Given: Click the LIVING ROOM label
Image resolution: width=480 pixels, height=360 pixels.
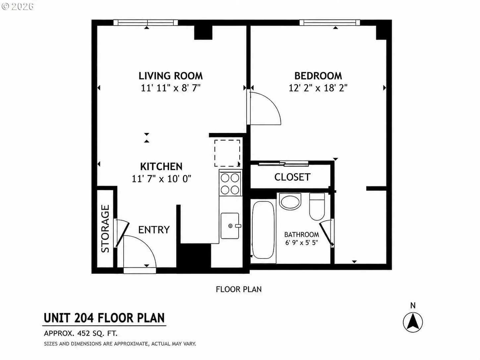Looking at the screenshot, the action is pyautogui.click(x=171, y=76).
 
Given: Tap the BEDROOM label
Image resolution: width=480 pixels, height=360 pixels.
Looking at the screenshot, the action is pyautogui.click(x=318, y=76).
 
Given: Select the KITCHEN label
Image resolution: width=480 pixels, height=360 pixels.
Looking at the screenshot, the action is pyautogui.click(x=161, y=166).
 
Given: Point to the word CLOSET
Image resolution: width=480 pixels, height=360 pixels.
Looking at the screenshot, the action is pyautogui.click(x=292, y=177).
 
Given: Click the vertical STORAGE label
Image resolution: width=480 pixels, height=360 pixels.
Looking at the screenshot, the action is pyautogui.click(x=105, y=229).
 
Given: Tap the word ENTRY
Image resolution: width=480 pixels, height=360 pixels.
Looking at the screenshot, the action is pyautogui.click(x=154, y=230).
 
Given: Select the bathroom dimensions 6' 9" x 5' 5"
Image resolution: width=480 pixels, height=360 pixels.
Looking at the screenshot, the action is pyautogui.click(x=302, y=243).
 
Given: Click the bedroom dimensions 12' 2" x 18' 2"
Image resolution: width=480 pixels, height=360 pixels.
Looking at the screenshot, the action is pyautogui.click(x=318, y=88).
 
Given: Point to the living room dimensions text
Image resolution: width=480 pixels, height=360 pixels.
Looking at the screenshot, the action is pyautogui.click(x=171, y=88).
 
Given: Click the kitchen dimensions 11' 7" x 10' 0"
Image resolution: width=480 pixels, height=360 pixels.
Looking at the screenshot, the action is pyautogui.click(x=161, y=179).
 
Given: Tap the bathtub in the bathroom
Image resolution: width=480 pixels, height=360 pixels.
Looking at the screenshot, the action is pyautogui.click(x=263, y=230).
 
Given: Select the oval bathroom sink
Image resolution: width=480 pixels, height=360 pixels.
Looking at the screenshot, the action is pyautogui.click(x=290, y=202).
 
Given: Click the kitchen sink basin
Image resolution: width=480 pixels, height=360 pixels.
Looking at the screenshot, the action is pyautogui.click(x=230, y=226).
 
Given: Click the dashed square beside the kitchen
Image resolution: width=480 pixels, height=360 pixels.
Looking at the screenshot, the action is pyautogui.click(x=227, y=153).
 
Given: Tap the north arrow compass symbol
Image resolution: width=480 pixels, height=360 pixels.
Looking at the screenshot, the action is pyautogui.click(x=413, y=322).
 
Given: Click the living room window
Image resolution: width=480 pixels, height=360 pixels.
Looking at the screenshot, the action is pyautogui.click(x=146, y=23).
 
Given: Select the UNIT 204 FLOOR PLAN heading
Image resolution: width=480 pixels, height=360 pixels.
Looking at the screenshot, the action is pyautogui.click(x=104, y=318).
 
